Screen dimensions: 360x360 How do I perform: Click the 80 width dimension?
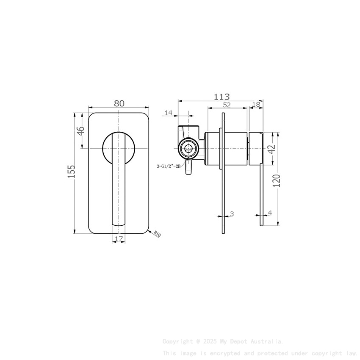coord(119,103)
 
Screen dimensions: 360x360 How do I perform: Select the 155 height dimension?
coord(72,172)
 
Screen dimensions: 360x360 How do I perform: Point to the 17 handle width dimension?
coord(119,239)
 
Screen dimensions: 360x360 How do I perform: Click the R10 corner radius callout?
coord(157,234)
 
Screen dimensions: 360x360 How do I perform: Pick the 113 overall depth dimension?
coord(221,97)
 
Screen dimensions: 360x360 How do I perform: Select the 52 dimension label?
coord(227,105)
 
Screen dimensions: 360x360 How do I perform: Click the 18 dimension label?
coord(256,105)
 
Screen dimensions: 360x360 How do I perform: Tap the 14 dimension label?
coord(169,112)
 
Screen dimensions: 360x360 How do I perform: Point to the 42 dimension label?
coord(271,149)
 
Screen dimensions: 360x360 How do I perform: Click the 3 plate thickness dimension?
coord(232,214)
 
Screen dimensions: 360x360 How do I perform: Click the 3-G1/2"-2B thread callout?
coord(169,166)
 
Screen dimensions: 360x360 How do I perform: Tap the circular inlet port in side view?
coord(187,148)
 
